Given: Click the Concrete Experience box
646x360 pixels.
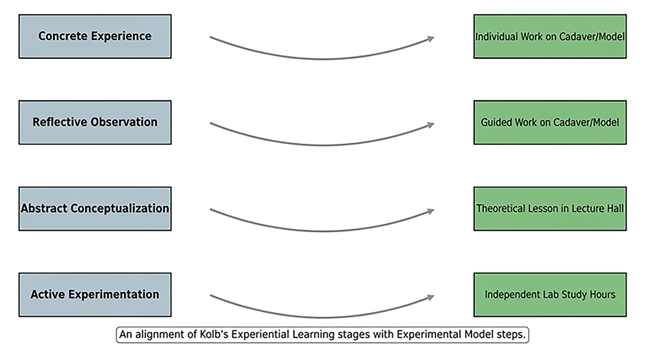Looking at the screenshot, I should (x=95, y=36).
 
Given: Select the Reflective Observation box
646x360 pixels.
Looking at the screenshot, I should (x=95, y=122).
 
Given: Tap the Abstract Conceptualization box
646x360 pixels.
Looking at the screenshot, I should (x=95, y=209).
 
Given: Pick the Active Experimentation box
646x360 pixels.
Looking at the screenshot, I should (x=95, y=295).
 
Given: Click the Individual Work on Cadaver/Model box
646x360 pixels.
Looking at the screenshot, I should (x=550, y=36).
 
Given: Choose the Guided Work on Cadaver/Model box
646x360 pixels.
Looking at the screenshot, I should (x=550, y=122).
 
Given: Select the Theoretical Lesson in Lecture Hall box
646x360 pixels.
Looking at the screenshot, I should (x=550, y=209).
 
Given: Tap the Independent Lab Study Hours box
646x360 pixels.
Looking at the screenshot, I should (x=550, y=295).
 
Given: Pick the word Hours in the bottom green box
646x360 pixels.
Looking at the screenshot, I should (x=601, y=295).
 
